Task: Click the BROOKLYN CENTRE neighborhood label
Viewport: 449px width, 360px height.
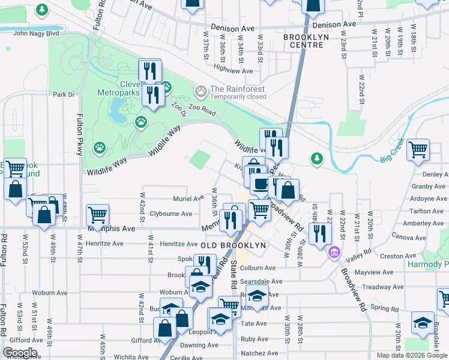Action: pyautogui.click(x=306, y=41)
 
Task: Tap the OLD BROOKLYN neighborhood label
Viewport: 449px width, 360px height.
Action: pyautogui.click(x=233, y=246)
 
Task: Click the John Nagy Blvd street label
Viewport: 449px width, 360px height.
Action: pyautogui.click(x=35, y=33)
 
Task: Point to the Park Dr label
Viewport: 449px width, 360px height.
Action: pyautogui.click(x=63, y=94)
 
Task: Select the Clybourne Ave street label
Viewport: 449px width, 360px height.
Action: pyautogui.click(x=170, y=214)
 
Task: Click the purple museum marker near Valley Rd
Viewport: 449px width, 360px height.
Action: pyautogui.click(x=333, y=253)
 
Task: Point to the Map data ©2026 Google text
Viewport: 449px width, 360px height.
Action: pyautogui.click(x=411, y=355)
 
